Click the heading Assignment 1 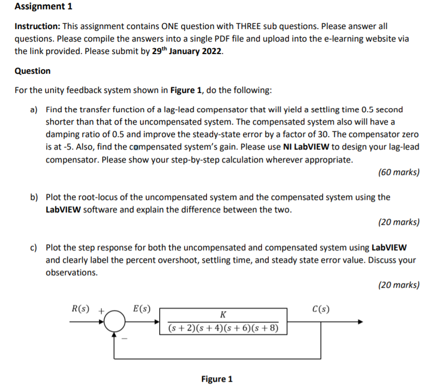[x=44, y=7]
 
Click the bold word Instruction [x=36, y=26]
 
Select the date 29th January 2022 [x=188, y=51]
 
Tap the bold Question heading [x=33, y=71]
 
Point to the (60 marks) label [x=399, y=172]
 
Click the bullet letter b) [x=34, y=197]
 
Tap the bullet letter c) [x=34, y=248]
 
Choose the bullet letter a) [x=34, y=110]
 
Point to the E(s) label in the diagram [x=142, y=309]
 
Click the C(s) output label [x=320, y=309]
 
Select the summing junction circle [x=114, y=323]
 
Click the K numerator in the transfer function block [x=222, y=314]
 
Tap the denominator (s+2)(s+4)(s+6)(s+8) [x=223, y=328]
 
